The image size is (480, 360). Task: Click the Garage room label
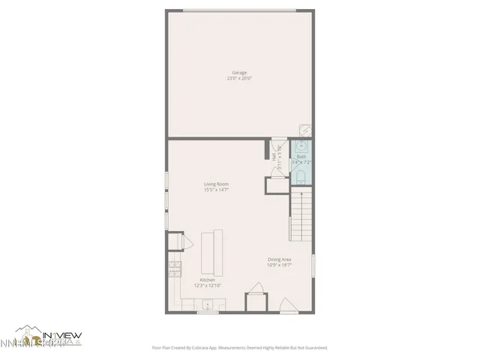click(x=239, y=72)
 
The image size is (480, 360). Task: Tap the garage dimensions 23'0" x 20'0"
click(x=239, y=78)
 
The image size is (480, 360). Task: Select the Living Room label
click(x=216, y=184)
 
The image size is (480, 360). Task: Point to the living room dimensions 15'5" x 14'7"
click(x=216, y=190)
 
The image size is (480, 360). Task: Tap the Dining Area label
click(x=280, y=259)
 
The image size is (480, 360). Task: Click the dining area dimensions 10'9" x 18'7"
click(x=280, y=265)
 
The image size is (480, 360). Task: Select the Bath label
click(x=301, y=157)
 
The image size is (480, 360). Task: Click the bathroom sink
click(x=301, y=145)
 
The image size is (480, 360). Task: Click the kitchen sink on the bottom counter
click(x=208, y=304)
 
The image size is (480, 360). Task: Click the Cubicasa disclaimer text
click(x=240, y=347)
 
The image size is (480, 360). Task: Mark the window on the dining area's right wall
click(x=313, y=266)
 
